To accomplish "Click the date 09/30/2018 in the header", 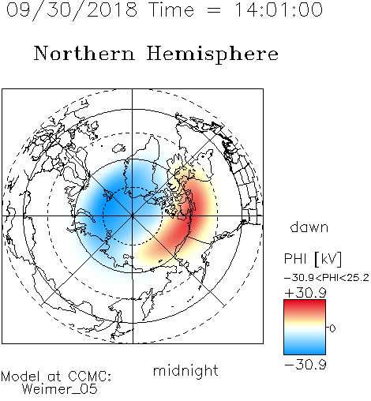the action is pyautogui.click(x=72, y=10).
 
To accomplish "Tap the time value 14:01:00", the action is pyautogui.click(x=279, y=9).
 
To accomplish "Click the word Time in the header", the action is pyautogui.click(x=171, y=9).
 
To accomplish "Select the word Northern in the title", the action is pyautogui.click(x=84, y=53).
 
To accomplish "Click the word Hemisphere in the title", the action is pyautogui.click(x=212, y=54).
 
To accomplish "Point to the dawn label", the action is pyautogui.click(x=309, y=227).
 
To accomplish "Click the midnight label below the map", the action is pyautogui.click(x=185, y=370).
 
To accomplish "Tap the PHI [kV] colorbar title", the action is pyautogui.click(x=313, y=259).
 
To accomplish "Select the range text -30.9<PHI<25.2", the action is pyautogui.click(x=327, y=278).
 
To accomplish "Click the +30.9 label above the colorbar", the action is pyautogui.click(x=305, y=292).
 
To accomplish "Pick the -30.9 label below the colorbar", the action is pyautogui.click(x=305, y=365).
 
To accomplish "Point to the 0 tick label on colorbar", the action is pyautogui.click(x=332, y=328).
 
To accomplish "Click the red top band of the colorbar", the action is pyautogui.click(x=305, y=305).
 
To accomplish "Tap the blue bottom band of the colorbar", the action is pyautogui.click(x=305, y=349).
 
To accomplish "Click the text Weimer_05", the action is pyautogui.click(x=60, y=389).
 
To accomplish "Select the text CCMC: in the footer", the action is pyautogui.click(x=90, y=377).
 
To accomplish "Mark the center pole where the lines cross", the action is pyautogui.click(x=133, y=215).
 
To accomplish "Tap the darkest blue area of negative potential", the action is pyautogui.click(x=111, y=208).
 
